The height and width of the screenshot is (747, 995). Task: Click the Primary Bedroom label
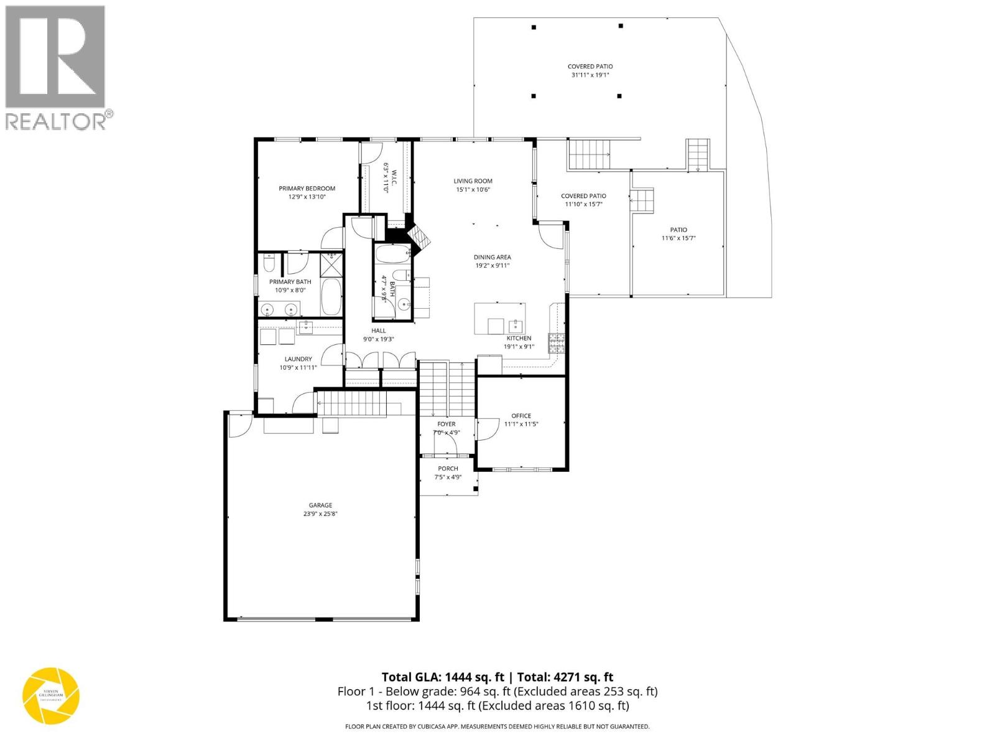[307, 189]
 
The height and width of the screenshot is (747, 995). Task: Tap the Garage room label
[320, 505]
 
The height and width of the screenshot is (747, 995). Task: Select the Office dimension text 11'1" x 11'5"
[521, 424]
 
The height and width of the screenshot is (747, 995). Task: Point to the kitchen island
[499, 318]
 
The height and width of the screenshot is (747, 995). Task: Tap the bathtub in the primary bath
[331, 296]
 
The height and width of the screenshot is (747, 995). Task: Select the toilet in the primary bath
[269, 266]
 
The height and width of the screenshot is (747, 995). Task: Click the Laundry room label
[298, 359]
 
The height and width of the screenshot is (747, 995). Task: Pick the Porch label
[448, 469]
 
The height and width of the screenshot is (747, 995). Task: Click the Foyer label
[446, 424]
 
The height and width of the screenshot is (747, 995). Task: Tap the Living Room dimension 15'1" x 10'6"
[473, 190]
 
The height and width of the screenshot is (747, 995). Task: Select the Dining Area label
[492, 257]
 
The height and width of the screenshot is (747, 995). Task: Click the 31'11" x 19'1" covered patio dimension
[590, 75]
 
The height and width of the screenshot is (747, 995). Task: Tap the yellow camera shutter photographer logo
[51, 696]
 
